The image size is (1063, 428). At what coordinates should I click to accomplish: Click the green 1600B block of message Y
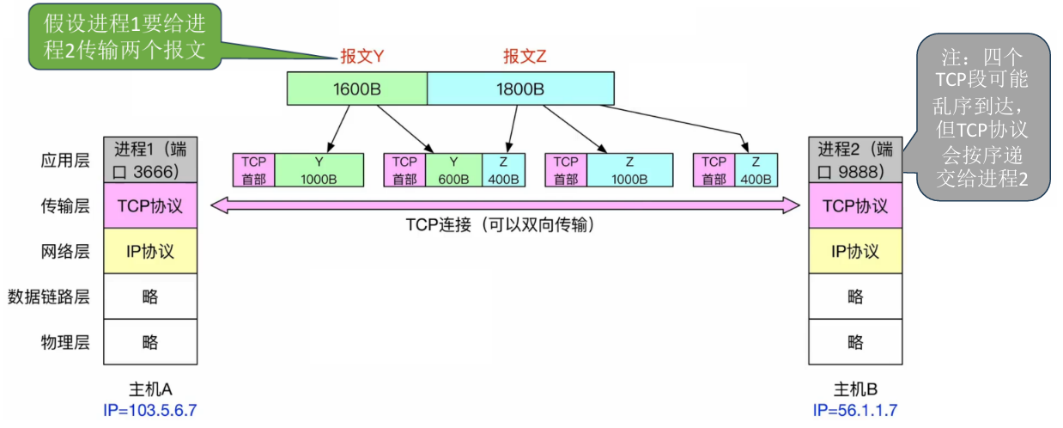[x=356, y=88]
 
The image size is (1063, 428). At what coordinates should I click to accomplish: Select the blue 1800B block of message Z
[x=520, y=88]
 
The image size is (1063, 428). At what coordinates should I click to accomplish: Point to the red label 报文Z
[x=525, y=57]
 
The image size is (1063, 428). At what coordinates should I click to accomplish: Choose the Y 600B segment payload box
[x=453, y=170]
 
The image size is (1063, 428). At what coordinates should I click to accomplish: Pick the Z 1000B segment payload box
[x=629, y=170]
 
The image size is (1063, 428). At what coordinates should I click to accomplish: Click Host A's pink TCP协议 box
[x=150, y=205]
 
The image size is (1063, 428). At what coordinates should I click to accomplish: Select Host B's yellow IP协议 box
[x=855, y=251]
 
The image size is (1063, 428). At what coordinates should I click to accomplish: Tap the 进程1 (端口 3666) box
[x=150, y=159]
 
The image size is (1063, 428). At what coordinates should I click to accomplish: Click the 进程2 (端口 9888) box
[x=855, y=159]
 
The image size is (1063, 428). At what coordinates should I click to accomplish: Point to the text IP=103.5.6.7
[x=150, y=410]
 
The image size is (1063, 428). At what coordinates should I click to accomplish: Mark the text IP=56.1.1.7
[x=855, y=410]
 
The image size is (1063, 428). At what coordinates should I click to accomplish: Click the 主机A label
[x=150, y=388]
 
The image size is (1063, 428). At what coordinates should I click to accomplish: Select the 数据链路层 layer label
[x=49, y=297]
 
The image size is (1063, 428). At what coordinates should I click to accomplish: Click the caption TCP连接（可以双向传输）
[x=501, y=225]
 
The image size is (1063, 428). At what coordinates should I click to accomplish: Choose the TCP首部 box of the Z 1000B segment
[x=566, y=170]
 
